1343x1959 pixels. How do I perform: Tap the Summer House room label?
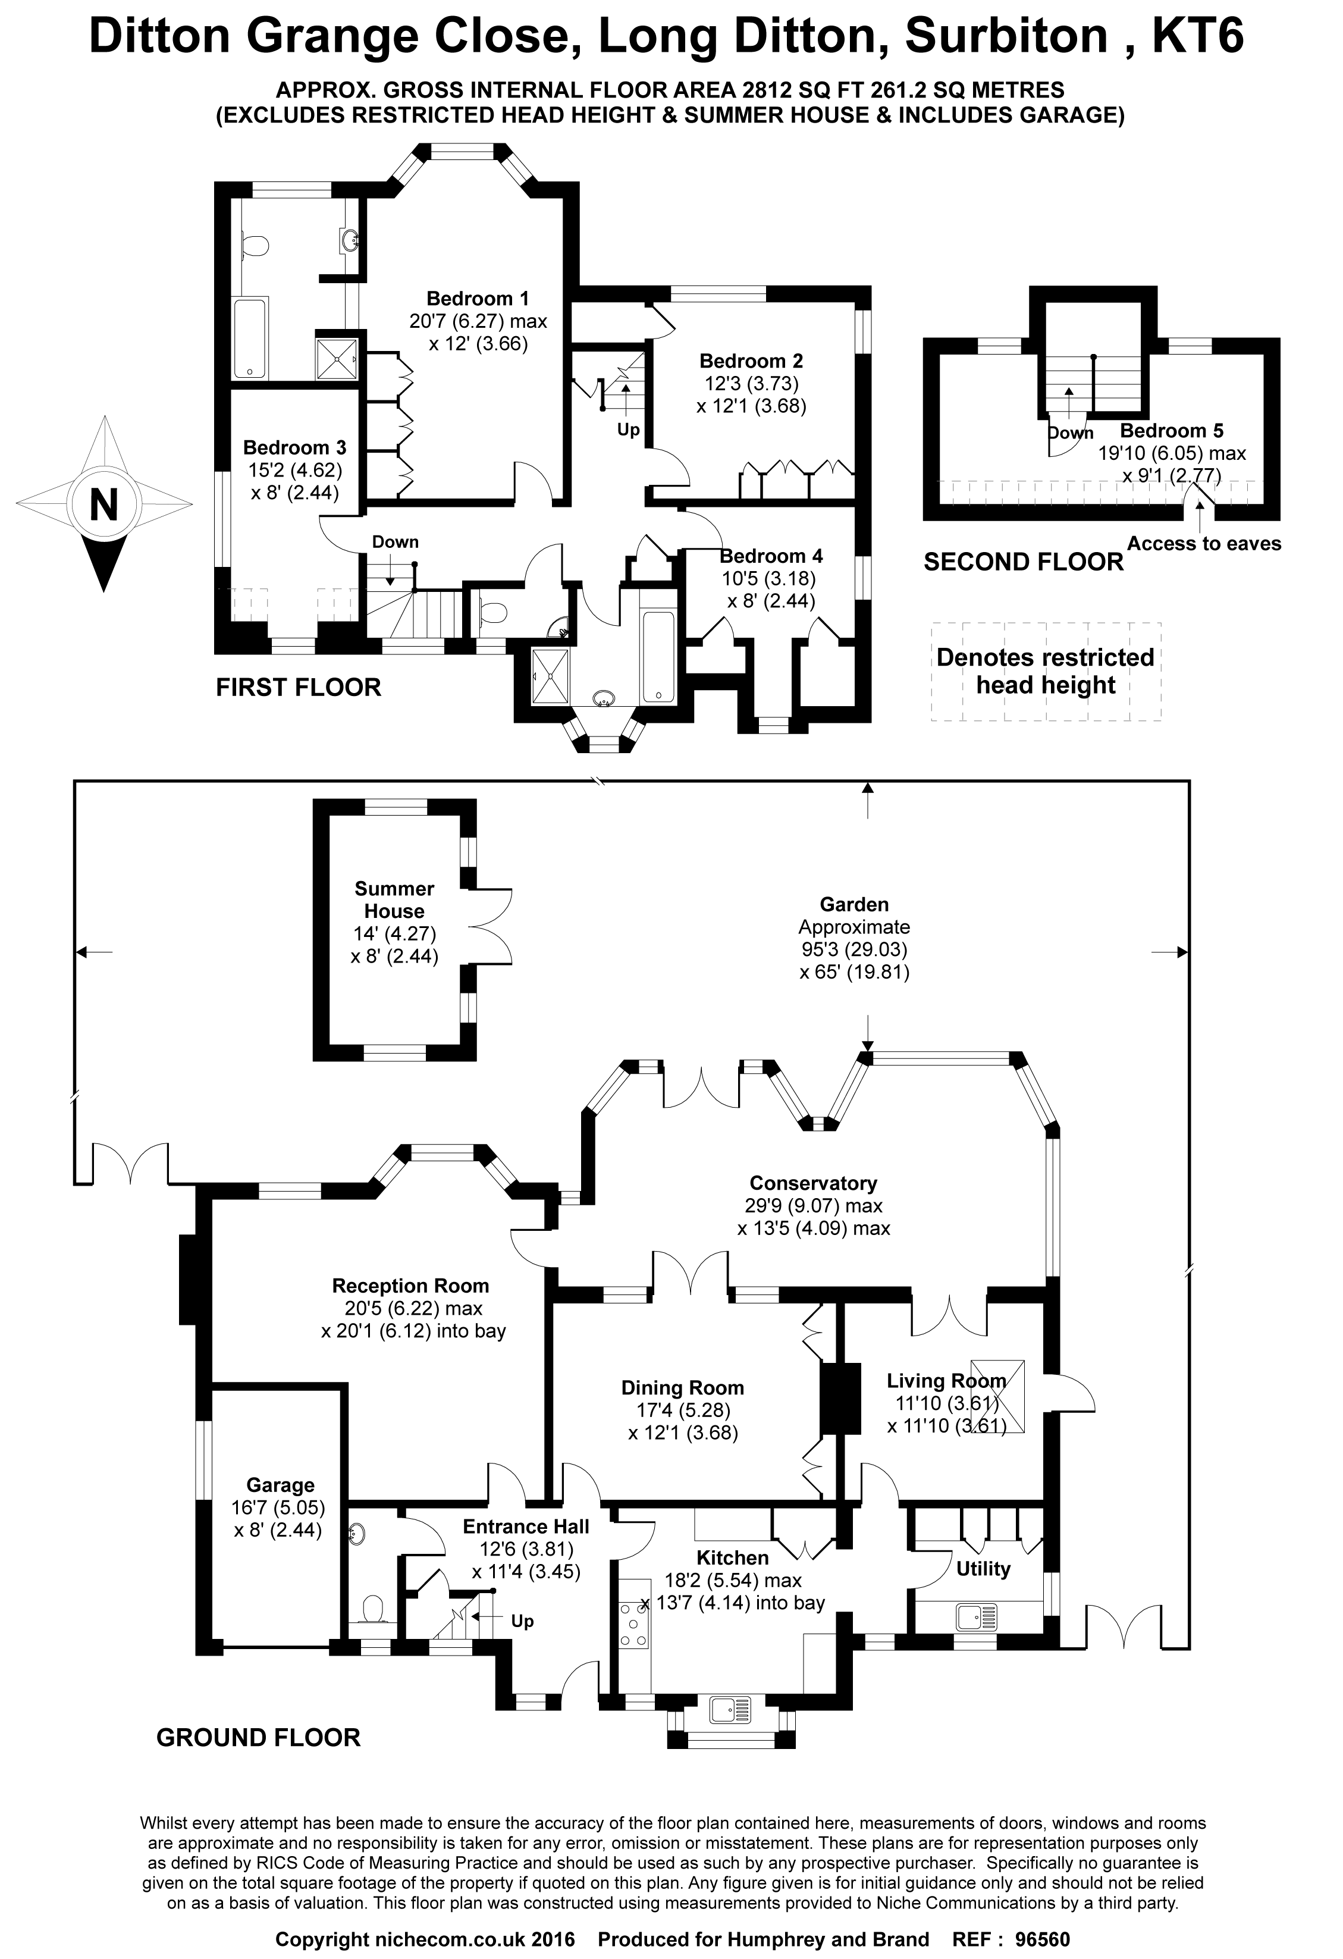click(x=394, y=899)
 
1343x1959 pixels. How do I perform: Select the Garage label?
click(x=281, y=1508)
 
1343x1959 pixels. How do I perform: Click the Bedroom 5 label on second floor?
click(x=1171, y=431)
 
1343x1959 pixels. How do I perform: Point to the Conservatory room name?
click(x=813, y=1183)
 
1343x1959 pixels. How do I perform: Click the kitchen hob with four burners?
click(x=633, y=1625)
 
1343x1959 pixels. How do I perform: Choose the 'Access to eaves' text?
click(x=1204, y=544)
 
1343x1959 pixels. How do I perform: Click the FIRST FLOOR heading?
click(x=298, y=687)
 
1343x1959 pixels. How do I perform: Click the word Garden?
click(x=854, y=904)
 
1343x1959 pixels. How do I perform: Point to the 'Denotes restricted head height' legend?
click(x=1046, y=671)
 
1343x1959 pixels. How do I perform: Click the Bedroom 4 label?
click(x=771, y=556)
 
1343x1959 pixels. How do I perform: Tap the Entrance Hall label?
click(x=526, y=1527)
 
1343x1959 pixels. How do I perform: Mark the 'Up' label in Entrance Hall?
click(x=522, y=1621)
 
